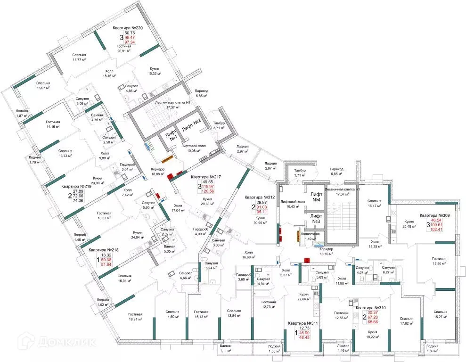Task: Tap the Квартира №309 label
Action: click(432, 215)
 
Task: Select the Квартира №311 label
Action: click(304, 323)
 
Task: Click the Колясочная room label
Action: click(311, 234)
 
